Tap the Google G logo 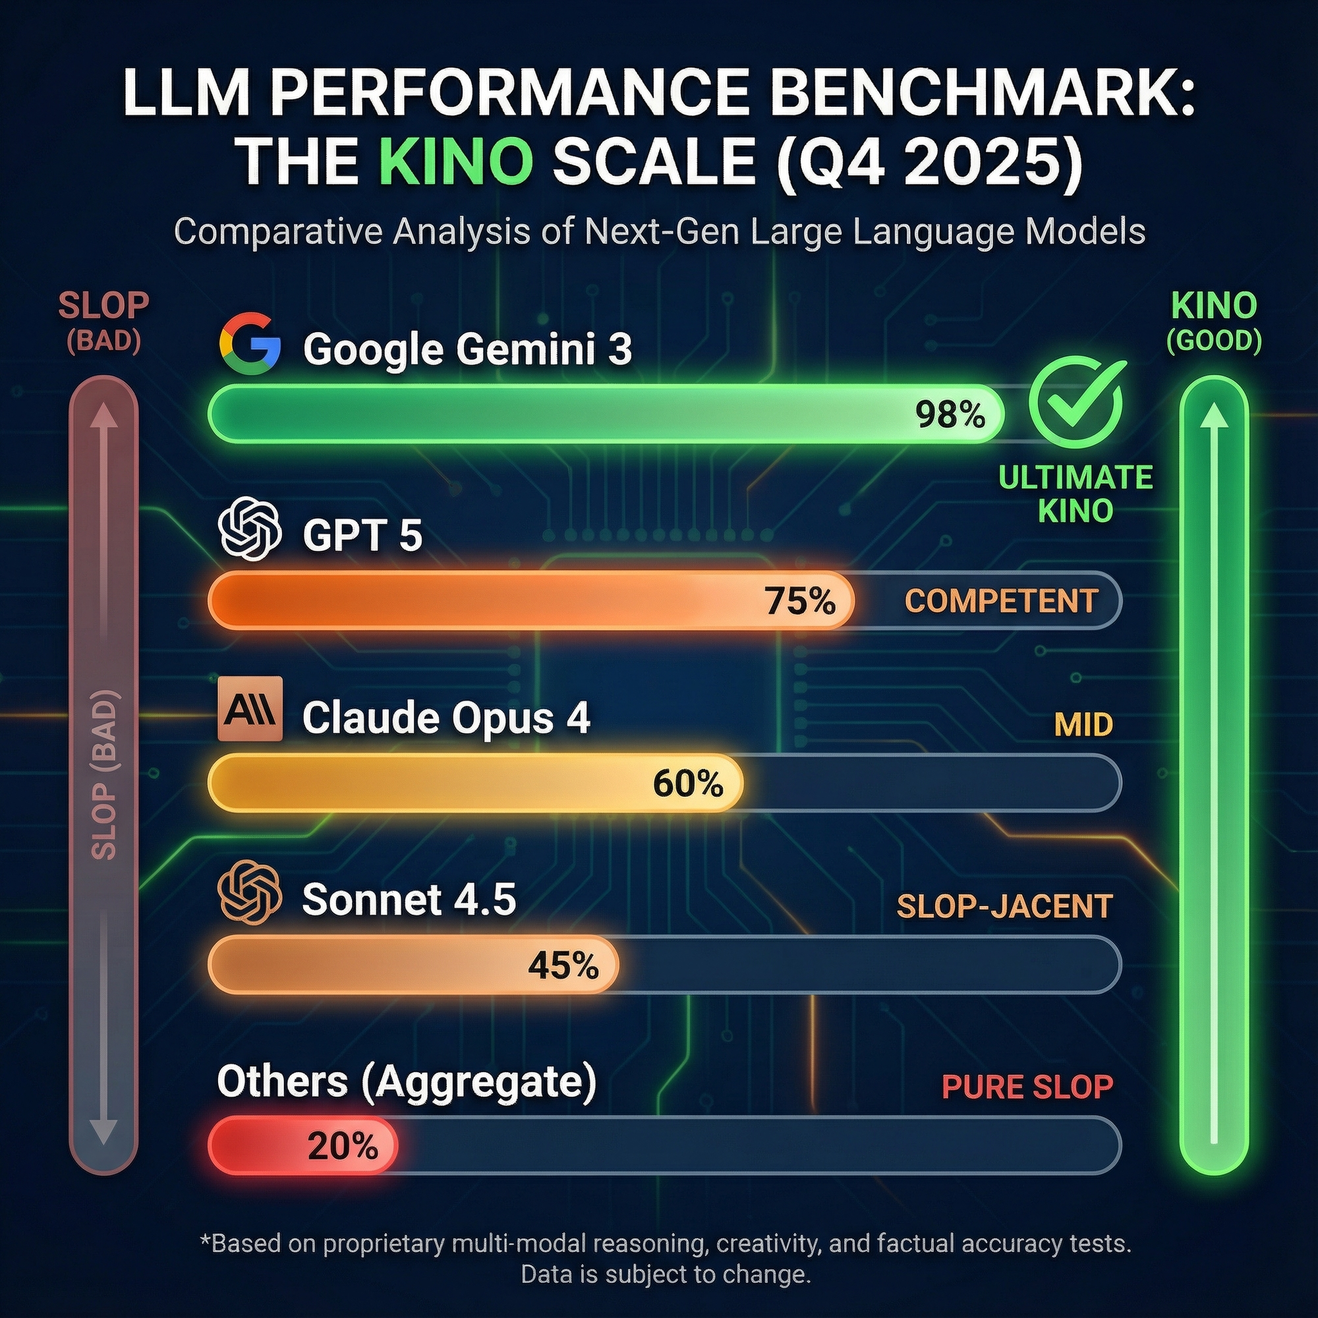(250, 345)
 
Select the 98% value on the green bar (950, 414)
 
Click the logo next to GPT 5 (250, 529)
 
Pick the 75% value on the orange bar (800, 601)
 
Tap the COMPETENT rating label (1001, 601)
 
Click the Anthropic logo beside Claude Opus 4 (250, 709)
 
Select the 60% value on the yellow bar (687, 784)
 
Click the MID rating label (1083, 724)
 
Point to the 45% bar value (563, 966)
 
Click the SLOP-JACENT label (1004, 907)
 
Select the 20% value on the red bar (343, 1147)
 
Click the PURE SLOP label (1027, 1087)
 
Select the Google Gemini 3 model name (467, 349)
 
